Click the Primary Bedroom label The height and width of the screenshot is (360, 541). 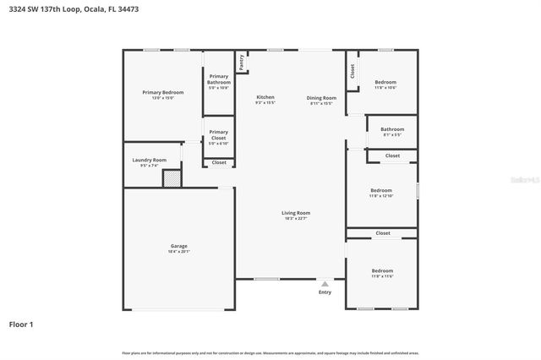click(x=162, y=91)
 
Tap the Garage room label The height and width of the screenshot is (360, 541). click(x=179, y=246)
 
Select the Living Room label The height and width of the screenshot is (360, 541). click(x=296, y=213)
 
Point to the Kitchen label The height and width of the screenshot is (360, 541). click(x=265, y=97)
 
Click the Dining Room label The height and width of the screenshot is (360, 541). click(x=321, y=98)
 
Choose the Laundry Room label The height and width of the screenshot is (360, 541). click(x=149, y=160)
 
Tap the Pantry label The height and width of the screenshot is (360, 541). click(x=242, y=62)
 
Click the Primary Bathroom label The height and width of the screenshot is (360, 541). click(x=219, y=79)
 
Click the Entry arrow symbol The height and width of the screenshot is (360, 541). click(x=325, y=284)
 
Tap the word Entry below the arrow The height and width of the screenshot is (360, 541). click(x=325, y=292)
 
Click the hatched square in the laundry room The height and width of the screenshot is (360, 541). click(x=172, y=178)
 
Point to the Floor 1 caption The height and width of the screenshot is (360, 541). click(x=20, y=324)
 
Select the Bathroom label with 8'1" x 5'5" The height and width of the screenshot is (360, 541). click(x=391, y=129)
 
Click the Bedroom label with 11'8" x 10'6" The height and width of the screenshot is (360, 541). click(x=385, y=82)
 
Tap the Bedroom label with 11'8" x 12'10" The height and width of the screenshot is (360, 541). click(x=381, y=190)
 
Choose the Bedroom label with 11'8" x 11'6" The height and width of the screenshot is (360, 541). click(x=382, y=271)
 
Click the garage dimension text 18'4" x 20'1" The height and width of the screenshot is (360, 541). click(x=179, y=251)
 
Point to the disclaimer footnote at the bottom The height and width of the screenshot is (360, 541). click(x=270, y=352)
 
